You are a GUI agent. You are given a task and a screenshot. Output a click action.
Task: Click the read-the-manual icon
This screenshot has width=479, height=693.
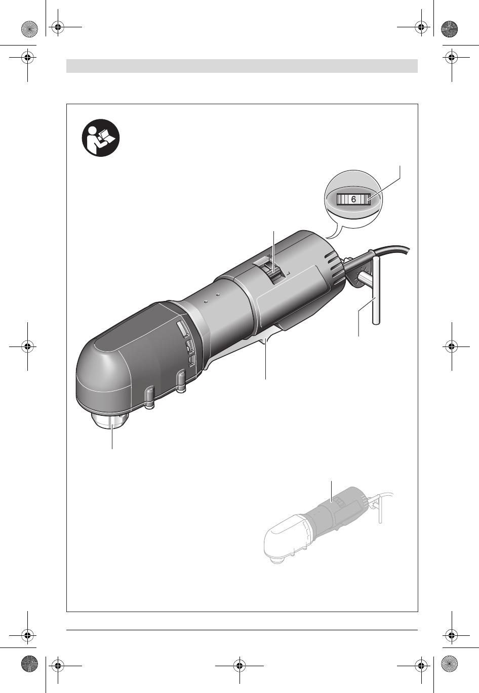coord(101,138)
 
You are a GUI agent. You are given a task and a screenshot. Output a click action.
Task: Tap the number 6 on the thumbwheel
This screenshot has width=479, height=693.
coord(353,199)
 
